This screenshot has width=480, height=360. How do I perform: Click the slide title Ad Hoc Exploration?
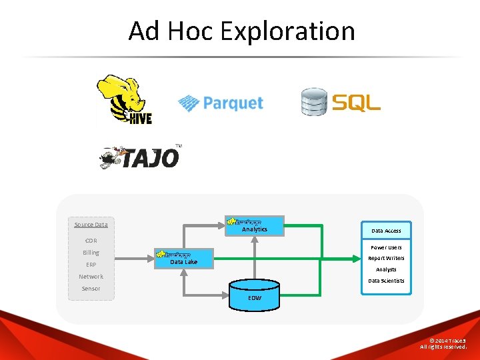[x=241, y=31]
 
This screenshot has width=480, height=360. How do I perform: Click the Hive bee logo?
[x=125, y=99]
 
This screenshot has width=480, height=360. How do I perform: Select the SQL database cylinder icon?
[x=314, y=102]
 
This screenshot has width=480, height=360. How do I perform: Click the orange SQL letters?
[x=356, y=103]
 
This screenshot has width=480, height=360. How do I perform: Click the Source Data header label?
[x=91, y=225]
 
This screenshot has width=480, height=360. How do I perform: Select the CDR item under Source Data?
[x=91, y=241]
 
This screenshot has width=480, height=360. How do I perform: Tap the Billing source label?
[x=91, y=253]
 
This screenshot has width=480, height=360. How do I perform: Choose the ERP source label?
[x=91, y=265]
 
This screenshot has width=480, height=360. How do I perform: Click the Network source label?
[x=91, y=277]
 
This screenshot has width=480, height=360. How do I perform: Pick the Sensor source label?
[x=91, y=289]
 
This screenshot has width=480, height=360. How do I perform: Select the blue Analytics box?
[x=255, y=226]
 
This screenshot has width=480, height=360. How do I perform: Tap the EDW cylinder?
[x=255, y=295]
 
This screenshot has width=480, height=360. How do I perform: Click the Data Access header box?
[x=387, y=231]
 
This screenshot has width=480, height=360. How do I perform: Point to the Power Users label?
[x=387, y=247]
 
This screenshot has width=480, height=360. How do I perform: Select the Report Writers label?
[x=387, y=258]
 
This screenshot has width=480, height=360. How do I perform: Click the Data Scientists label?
[x=387, y=281]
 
